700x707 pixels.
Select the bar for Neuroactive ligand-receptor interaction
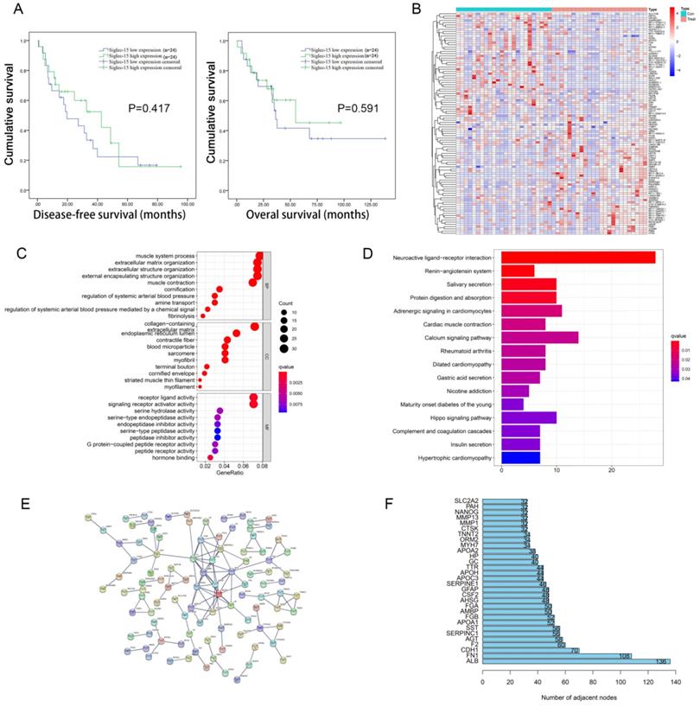(578, 258)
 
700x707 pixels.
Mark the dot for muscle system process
(258, 256)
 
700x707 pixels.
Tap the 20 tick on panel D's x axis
(611, 471)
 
